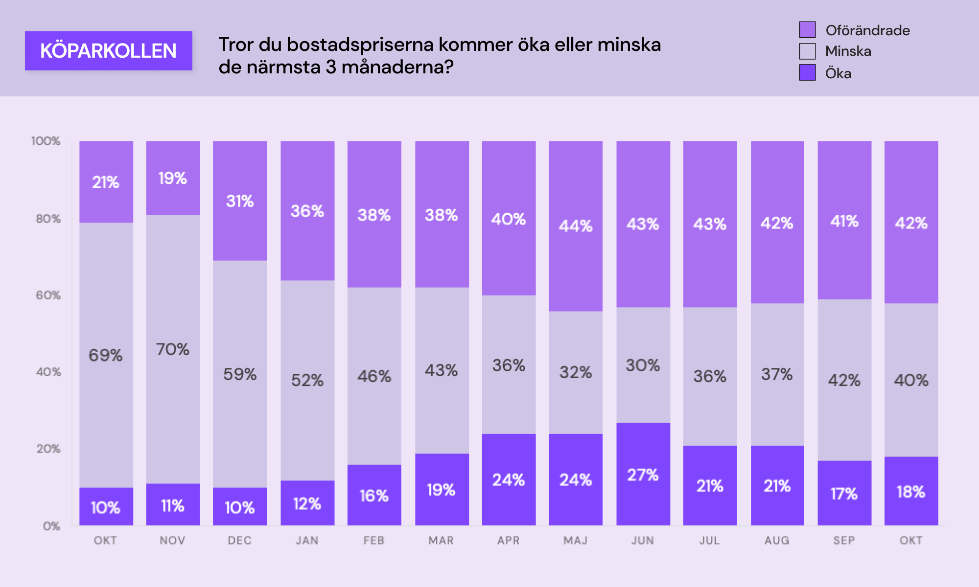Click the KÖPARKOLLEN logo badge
[108, 51]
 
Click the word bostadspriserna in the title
[360, 45]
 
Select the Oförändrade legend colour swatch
[807, 30]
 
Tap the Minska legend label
[848, 51]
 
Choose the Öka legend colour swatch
[807, 73]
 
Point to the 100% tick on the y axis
[46, 141]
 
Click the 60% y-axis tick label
[48, 295]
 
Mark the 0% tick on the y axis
[51, 526]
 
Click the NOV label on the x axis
[172, 541]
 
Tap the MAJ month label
[575, 541]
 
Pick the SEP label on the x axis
[844, 541]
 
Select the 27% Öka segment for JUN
[643, 474]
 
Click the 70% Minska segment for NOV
[173, 349]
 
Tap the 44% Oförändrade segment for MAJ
[576, 226]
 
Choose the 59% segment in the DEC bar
[240, 374]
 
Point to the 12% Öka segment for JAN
[307, 504]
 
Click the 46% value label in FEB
[374, 376]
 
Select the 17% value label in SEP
[844, 494]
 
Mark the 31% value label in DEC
[240, 201]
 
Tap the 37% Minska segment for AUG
[777, 374]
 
